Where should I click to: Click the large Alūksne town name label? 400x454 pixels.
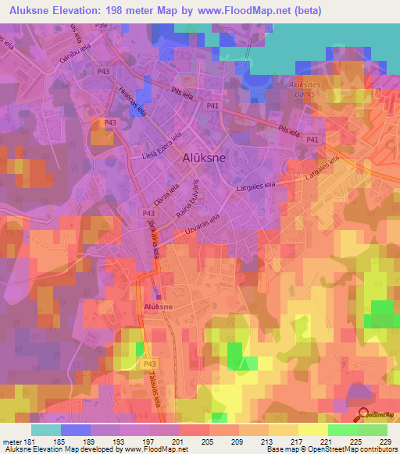click(x=205, y=157)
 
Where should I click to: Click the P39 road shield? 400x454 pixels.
click(x=101, y=26)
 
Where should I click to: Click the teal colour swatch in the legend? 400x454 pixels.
click(x=46, y=430)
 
